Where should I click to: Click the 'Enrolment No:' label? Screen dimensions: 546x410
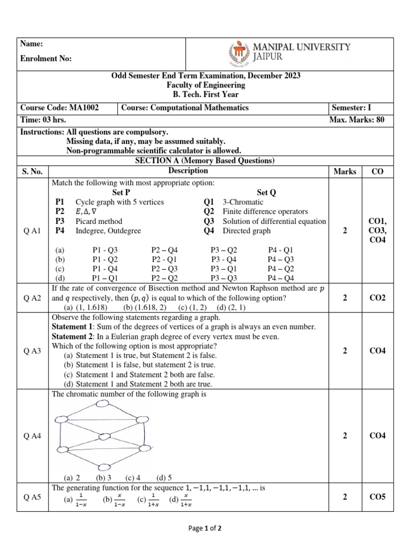click(46, 59)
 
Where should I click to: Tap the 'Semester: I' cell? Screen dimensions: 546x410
click(351, 108)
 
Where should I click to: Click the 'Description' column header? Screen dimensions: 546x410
click(188, 171)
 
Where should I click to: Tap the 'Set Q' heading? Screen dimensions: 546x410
click(266, 192)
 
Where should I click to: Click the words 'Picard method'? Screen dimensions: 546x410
click(99, 221)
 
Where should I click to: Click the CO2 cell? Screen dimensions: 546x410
click(378, 298)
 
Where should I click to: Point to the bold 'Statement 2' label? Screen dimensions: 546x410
click(73, 336)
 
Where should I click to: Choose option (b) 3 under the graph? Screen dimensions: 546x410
click(104, 478)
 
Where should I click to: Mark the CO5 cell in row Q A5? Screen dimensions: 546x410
click(378, 497)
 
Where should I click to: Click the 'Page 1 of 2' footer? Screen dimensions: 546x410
click(205, 528)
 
